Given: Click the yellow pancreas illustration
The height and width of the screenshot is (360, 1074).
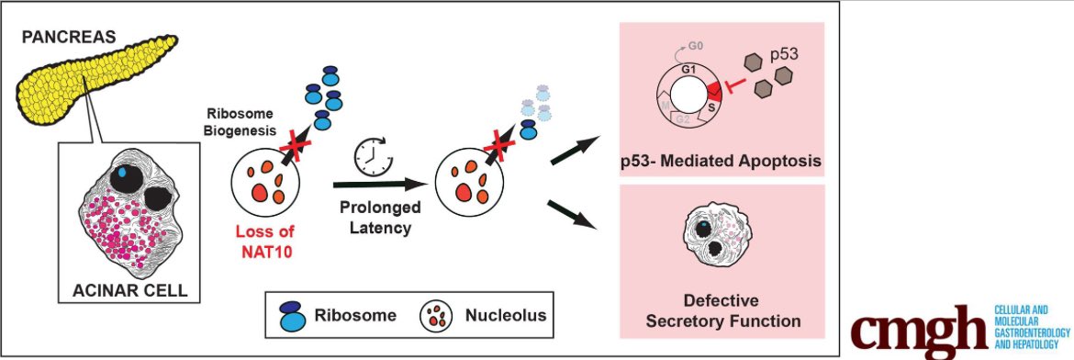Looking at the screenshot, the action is pyautogui.click(x=88, y=74).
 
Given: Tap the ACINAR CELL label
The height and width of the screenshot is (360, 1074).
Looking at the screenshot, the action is pyautogui.click(x=131, y=290).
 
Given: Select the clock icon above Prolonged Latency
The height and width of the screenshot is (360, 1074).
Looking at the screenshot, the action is pyautogui.click(x=374, y=156).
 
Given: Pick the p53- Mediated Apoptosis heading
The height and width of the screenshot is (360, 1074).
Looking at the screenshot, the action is pyautogui.click(x=721, y=163).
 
